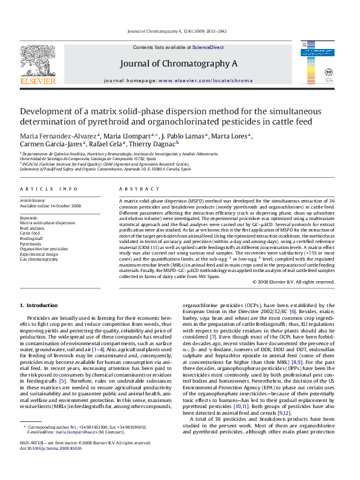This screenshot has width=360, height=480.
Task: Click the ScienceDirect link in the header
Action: coord(208,47)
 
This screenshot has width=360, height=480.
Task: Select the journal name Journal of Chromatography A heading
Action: coord(179,63)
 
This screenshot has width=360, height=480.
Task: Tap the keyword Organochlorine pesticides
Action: coord(44,248)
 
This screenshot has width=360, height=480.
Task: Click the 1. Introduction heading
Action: coord(39,305)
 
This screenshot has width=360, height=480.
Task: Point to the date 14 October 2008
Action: coord(68,206)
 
